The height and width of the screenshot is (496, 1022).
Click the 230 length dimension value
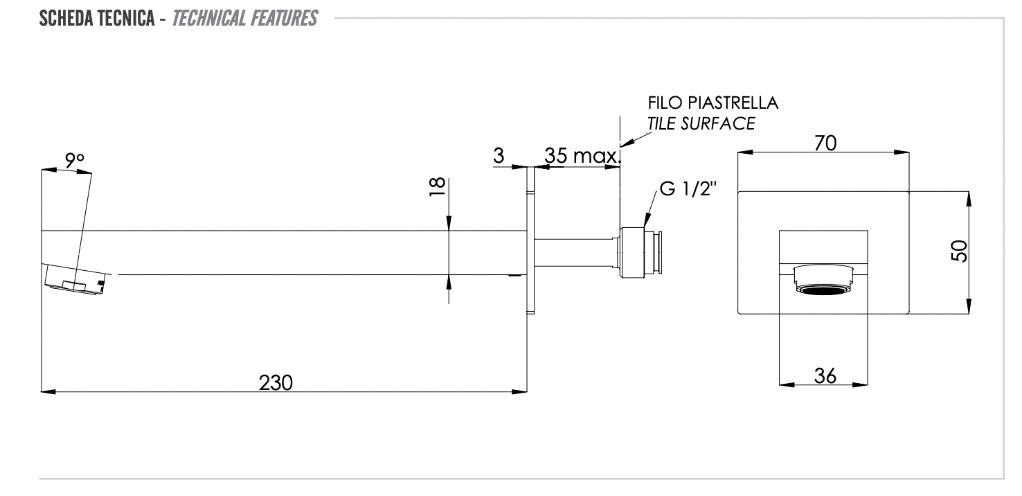pyautogui.click(x=276, y=382)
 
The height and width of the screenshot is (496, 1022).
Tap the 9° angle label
pyautogui.click(x=74, y=160)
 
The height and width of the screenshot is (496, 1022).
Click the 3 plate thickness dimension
pyautogui.click(x=499, y=156)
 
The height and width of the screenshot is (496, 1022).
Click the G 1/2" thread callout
pyautogui.click(x=690, y=191)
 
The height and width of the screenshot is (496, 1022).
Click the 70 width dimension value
pyautogui.click(x=825, y=143)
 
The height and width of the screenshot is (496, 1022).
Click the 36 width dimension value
pyautogui.click(x=825, y=375)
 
